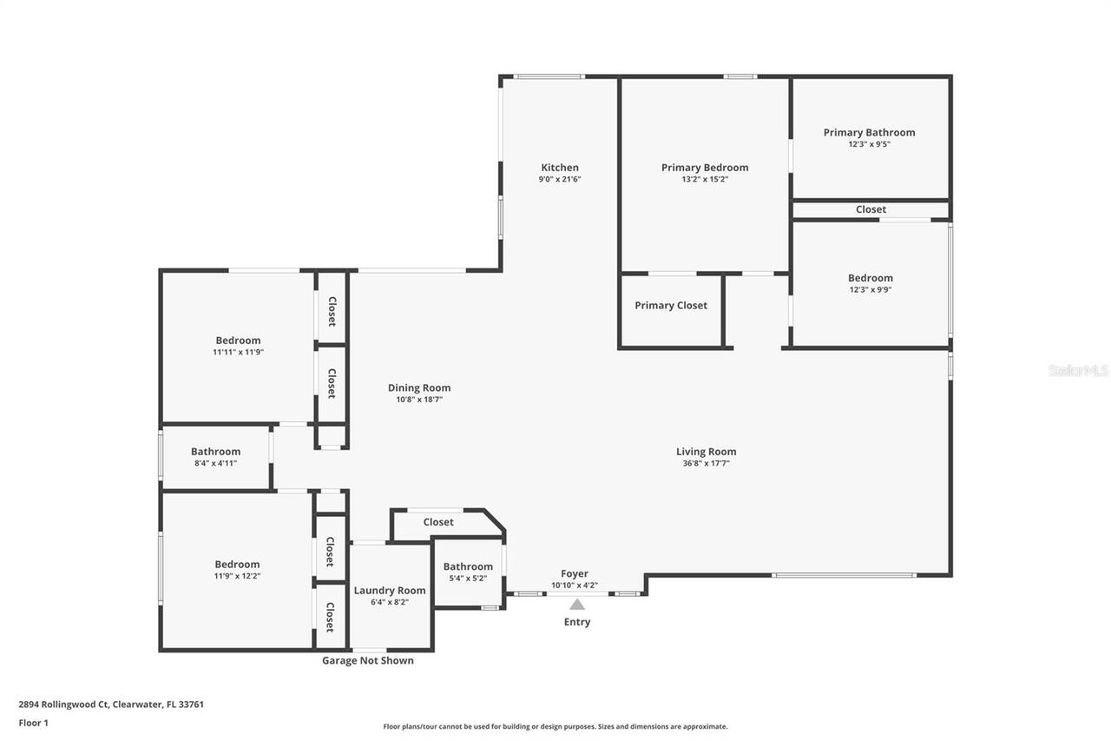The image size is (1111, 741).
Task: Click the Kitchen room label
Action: click(x=559, y=168)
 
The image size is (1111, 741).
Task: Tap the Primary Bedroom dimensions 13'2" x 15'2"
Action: click(x=704, y=180)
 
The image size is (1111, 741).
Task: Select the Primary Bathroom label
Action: click(x=869, y=133)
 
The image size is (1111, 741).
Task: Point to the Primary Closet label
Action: click(x=670, y=306)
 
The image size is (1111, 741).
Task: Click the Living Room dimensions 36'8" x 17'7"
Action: click(x=706, y=464)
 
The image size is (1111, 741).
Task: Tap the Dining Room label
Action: click(x=418, y=388)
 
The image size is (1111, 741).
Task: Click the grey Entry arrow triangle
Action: click(x=577, y=605)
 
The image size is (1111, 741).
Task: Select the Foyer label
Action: click(x=574, y=574)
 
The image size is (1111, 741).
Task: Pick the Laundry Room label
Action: click(x=390, y=591)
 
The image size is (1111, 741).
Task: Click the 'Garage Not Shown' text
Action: click(x=368, y=661)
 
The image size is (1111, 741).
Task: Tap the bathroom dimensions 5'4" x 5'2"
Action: click(x=468, y=579)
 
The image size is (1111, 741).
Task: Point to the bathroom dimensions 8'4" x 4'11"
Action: click(x=215, y=464)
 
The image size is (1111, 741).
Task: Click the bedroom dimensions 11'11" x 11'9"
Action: click(x=238, y=353)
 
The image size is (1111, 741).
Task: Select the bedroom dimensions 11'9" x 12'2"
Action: click(x=237, y=576)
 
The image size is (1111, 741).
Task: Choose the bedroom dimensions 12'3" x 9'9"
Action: click(x=870, y=290)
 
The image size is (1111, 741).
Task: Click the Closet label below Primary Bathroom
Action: click(x=871, y=209)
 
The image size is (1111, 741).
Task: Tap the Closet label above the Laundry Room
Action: click(x=437, y=522)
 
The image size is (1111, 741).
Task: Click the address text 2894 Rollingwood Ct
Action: click(x=111, y=705)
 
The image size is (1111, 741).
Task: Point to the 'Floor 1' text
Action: click(x=34, y=723)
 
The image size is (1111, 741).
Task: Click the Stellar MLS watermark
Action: click(x=1078, y=371)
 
